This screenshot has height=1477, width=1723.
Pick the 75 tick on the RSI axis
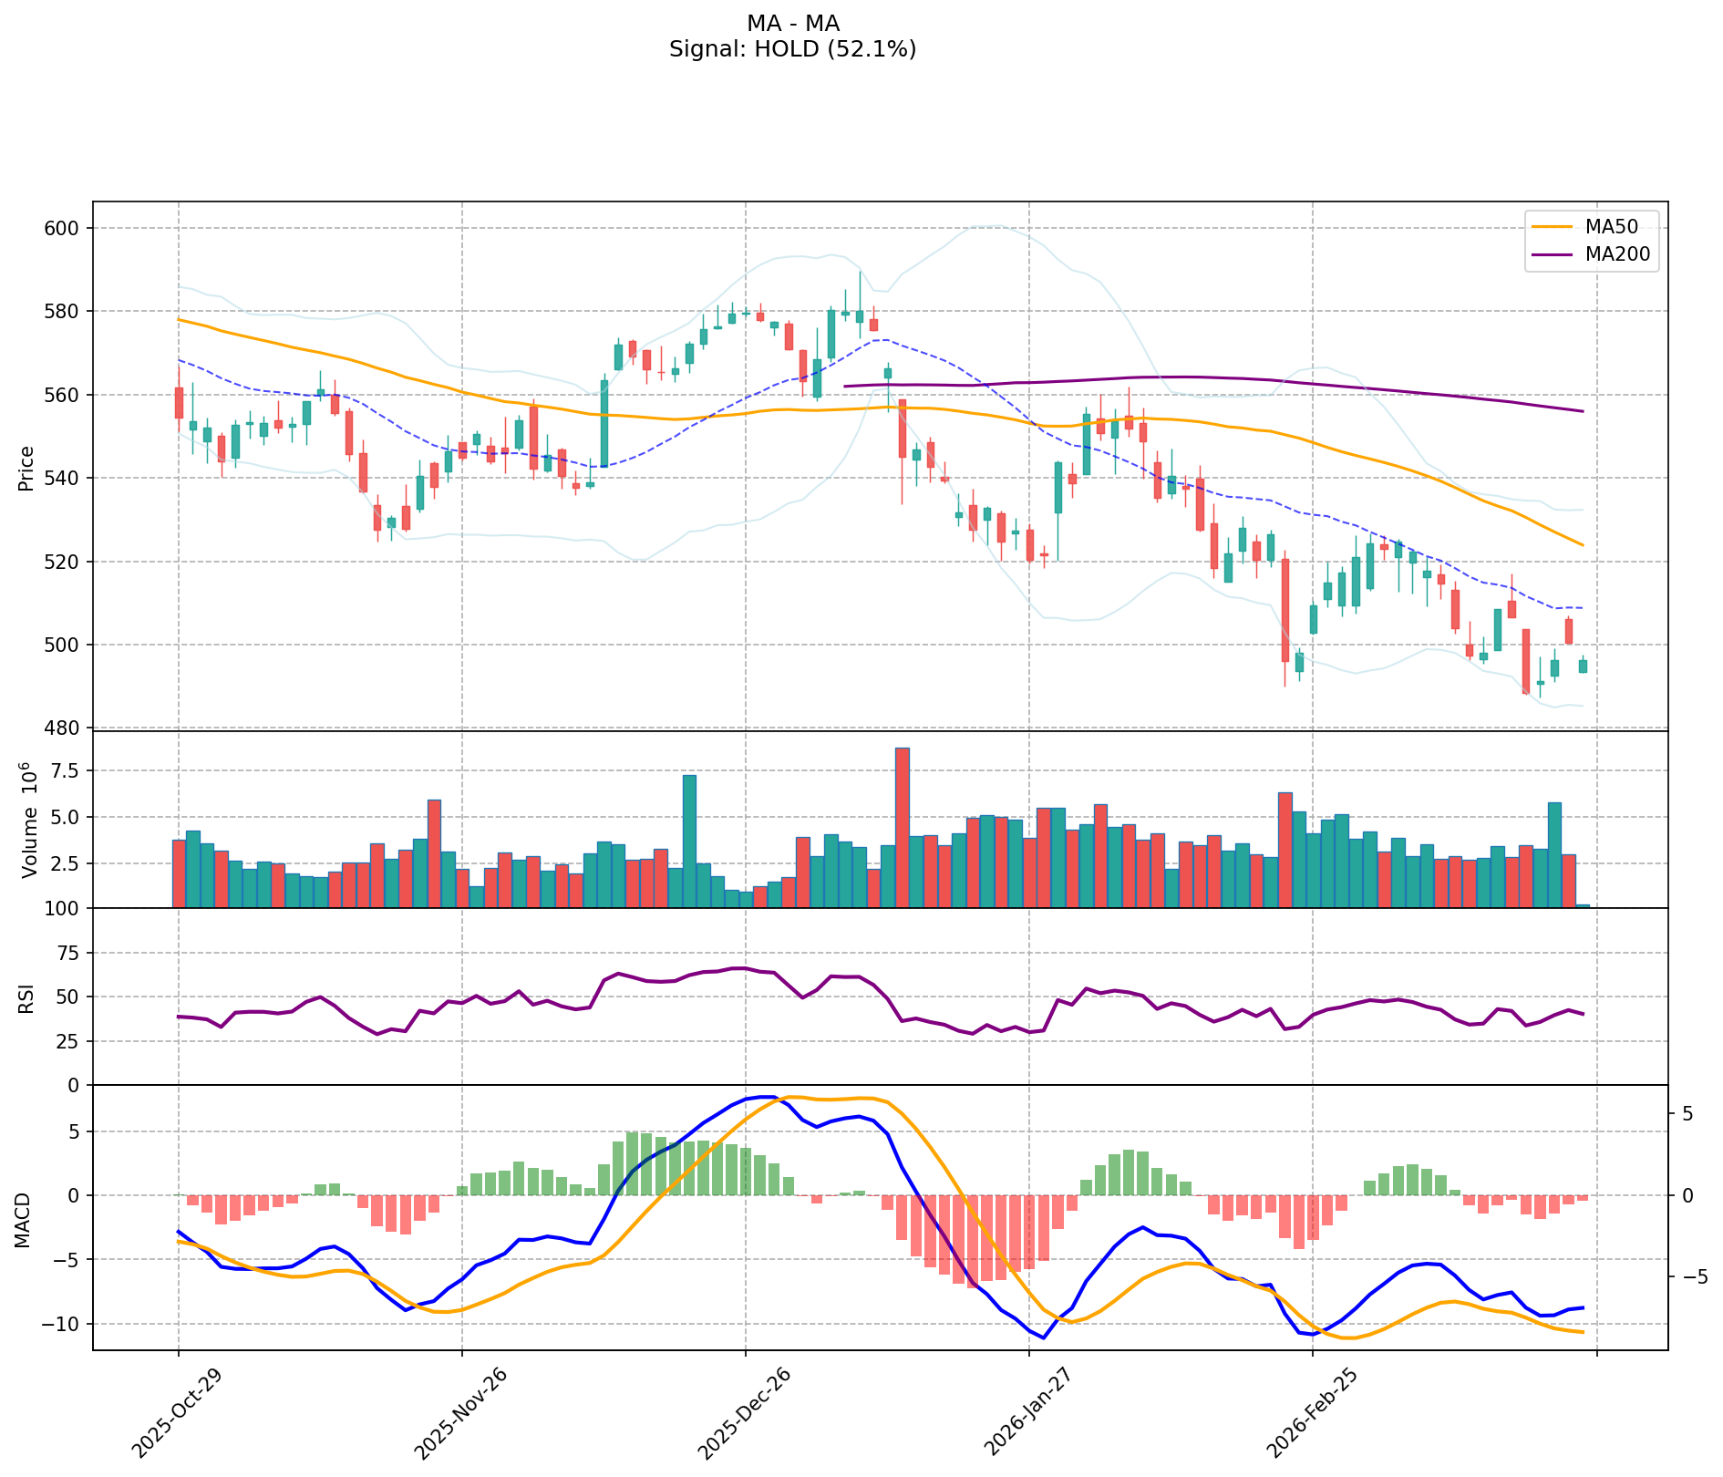72,953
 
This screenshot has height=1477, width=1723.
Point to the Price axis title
26,468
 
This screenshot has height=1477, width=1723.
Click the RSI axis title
26,997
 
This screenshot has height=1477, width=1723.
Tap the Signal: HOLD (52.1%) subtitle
792,49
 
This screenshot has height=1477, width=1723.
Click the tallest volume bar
903,828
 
